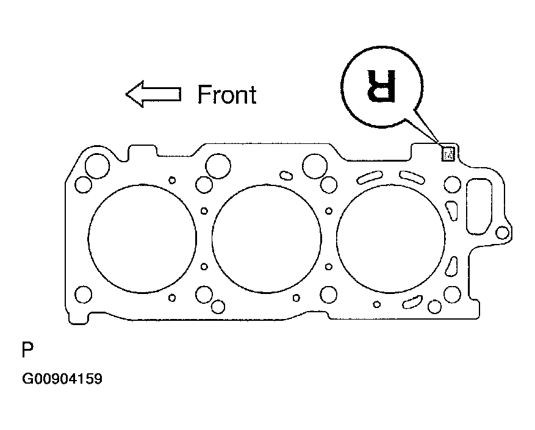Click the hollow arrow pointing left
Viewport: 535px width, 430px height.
tap(153, 94)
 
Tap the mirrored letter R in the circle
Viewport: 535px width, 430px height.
tap(381, 86)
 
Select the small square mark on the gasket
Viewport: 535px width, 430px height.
tap(448, 154)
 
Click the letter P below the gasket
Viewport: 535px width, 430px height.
tap(27, 349)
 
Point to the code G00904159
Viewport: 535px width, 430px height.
tap(62, 379)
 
